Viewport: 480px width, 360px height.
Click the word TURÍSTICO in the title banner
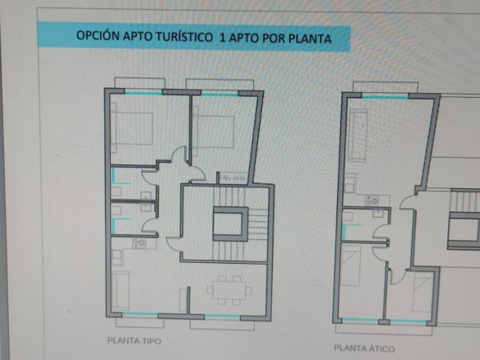click(x=184, y=37)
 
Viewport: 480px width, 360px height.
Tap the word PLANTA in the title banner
click(x=310, y=39)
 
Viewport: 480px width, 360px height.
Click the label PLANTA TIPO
click(x=134, y=341)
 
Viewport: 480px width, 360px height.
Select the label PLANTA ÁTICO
click(x=364, y=348)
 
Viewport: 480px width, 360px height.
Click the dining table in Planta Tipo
click(x=229, y=290)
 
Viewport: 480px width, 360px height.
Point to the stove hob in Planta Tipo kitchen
click(x=139, y=243)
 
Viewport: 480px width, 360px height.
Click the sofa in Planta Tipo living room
click(x=120, y=290)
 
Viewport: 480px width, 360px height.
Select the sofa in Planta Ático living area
click(x=358, y=136)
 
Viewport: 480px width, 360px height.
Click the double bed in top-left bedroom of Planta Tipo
click(x=132, y=128)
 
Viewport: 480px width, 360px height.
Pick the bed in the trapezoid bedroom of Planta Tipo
click(x=214, y=132)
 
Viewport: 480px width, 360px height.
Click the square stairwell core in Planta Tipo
click(x=230, y=224)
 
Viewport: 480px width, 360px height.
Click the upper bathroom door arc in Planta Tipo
click(x=149, y=178)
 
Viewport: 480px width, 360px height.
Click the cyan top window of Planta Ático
click(x=385, y=97)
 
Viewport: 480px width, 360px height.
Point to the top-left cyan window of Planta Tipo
click(x=143, y=92)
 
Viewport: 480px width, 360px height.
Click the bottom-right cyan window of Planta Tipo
click(x=222, y=316)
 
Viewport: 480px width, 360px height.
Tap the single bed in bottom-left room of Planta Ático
click(x=351, y=265)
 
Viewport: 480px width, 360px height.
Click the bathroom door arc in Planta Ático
click(x=380, y=232)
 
